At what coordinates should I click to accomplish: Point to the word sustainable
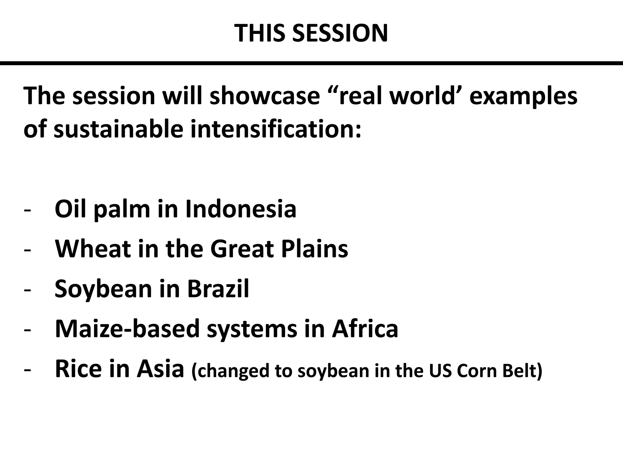point(119,129)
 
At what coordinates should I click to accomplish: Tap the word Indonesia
point(241,209)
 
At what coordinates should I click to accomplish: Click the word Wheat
point(93,249)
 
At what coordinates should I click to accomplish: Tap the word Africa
point(365,329)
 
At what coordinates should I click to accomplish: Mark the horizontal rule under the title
point(311,63)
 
